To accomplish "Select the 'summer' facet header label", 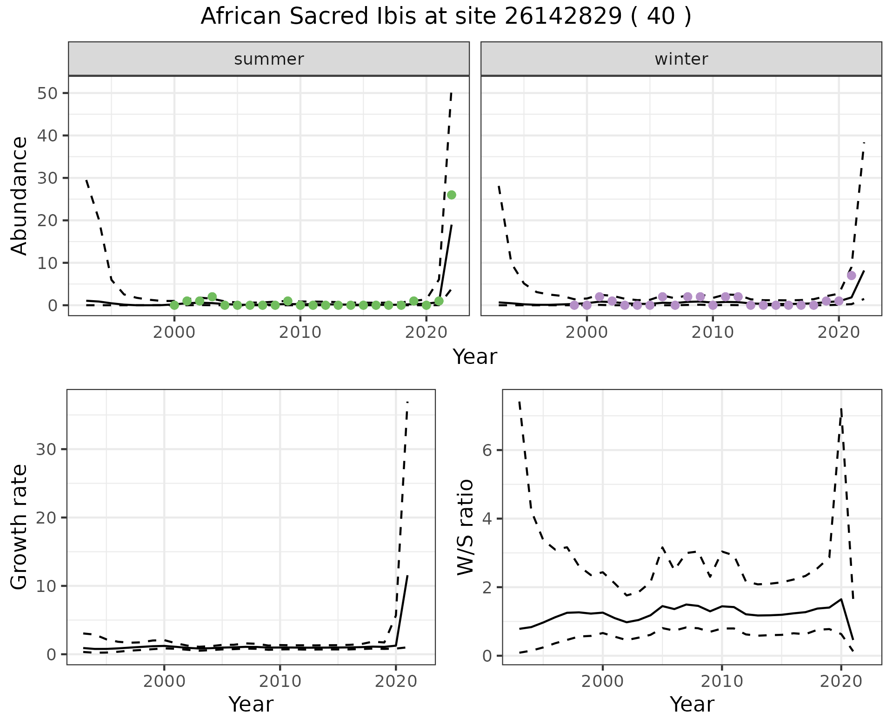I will (x=269, y=59).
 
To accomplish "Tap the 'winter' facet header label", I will (x=681, y=59).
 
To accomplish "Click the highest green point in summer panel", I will (x=451, y=195).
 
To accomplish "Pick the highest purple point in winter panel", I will (x=851, y=276).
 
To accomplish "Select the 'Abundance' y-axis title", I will (x=20, y=195).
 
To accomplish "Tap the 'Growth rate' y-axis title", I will (x=20, y=527).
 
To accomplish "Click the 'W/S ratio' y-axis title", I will (x=465, y=527).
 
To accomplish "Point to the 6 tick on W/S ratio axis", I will (x=487, y=450).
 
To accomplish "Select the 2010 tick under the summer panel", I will (x=300, y=333).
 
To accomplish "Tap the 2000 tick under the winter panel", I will (x=587, y=333).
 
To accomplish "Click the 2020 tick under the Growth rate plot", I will (x=395, y=682).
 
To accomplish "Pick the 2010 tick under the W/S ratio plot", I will (x=721, y=682).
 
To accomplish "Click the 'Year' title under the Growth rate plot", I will (x=251, y=705).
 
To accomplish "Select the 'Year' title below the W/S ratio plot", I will (x=692, y=705).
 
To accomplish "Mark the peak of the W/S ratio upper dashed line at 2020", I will (x=841, y=408).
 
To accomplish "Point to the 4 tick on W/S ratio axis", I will (x=487, y=518).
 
